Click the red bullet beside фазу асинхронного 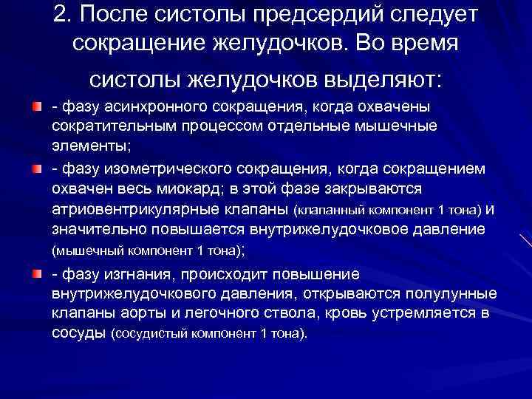coord(36,109)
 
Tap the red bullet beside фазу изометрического coord(36,169)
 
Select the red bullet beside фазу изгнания coord(36,275)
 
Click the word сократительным coord(109,126)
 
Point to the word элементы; coord(87,145)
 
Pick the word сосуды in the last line coord(78,333)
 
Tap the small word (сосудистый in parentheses coord(147,334)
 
